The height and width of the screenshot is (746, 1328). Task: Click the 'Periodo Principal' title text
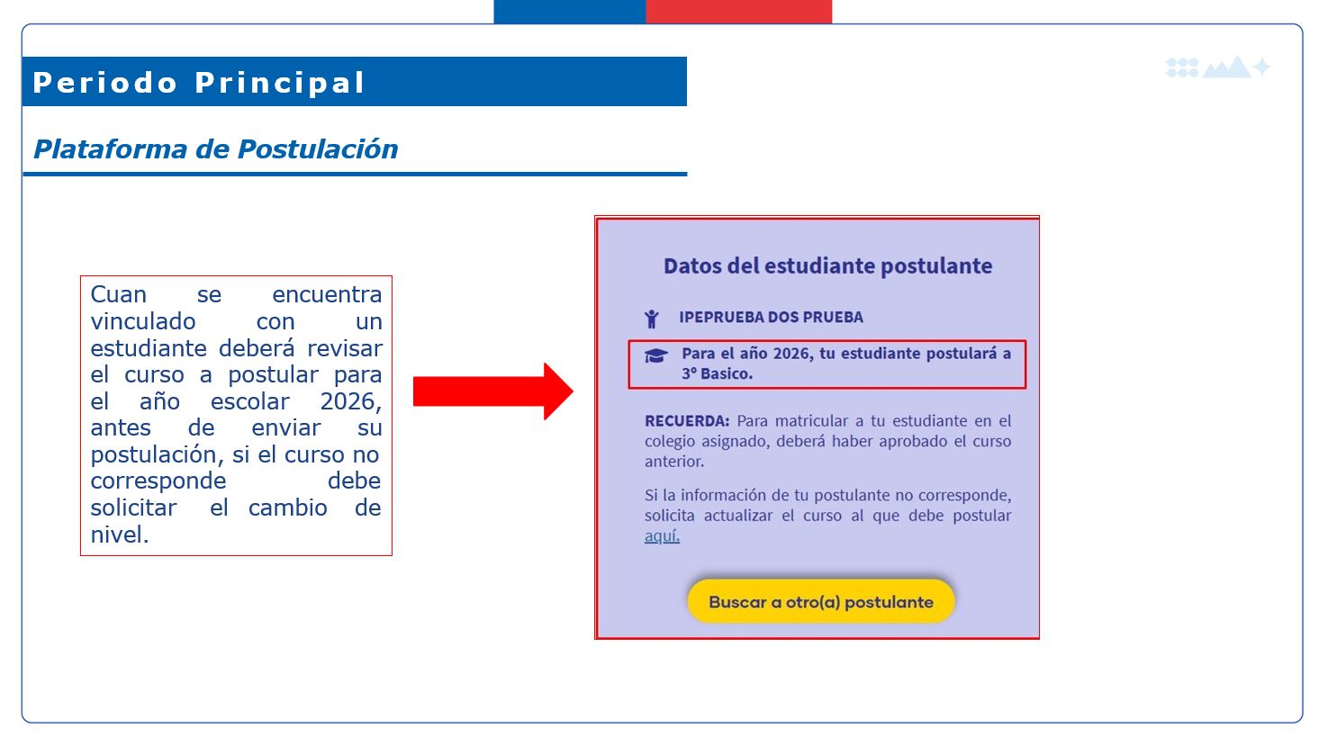(199, 83)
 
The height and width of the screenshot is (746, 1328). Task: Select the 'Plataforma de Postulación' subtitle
(216, 148)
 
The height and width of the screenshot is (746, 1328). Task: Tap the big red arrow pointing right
(492, 391)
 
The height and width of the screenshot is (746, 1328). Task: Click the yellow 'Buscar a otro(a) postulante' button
(821, 601)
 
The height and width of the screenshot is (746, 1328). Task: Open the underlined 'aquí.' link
(663, 535)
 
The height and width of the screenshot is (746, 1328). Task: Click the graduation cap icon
(656, 355)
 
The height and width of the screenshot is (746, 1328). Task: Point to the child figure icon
(652, 319)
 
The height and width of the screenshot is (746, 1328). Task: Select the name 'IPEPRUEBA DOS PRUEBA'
(772, 317)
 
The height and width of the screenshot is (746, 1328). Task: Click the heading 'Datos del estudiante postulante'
(827, 265)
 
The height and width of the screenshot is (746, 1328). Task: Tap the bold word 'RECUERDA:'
(687, 421)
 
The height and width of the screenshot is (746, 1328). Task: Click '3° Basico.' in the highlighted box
(718, 373)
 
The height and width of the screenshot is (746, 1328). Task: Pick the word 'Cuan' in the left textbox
(119, 294)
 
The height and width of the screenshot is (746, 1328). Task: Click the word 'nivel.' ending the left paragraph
(120, 535)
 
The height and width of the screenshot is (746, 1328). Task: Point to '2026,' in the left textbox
(351, 401)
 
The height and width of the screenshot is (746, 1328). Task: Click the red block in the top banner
(738, 12)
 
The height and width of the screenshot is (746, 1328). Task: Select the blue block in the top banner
(570, 12)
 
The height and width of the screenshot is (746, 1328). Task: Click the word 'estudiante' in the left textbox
(149, 348)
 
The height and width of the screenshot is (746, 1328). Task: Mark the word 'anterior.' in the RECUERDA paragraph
(674, 461)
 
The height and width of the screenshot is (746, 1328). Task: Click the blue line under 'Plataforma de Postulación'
(355, 175)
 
